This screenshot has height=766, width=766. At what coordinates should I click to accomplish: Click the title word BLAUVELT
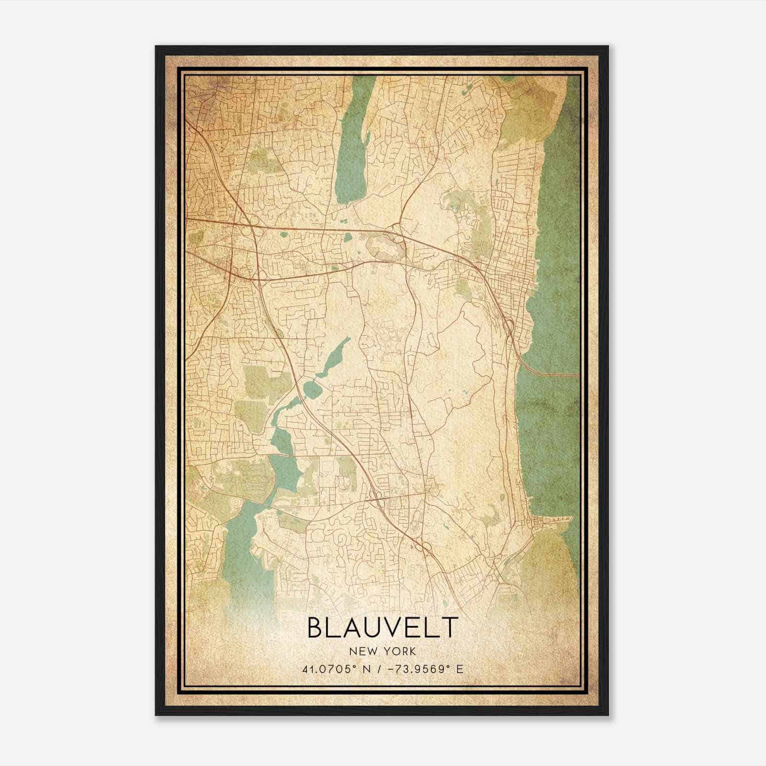[382, 628]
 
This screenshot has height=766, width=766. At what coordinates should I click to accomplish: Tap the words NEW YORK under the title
[383, 651]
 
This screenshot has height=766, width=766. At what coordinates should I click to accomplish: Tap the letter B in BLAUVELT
[315, 628]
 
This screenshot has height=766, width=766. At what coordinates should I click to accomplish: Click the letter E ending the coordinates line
[460, 669]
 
